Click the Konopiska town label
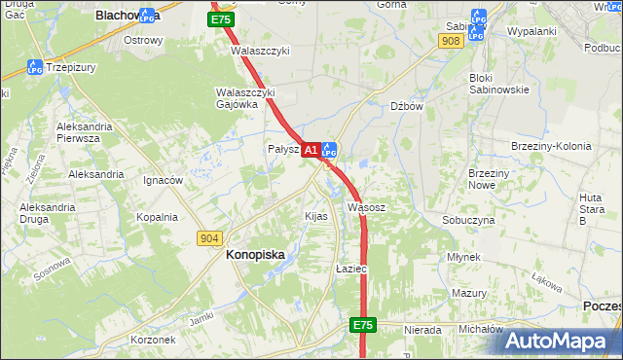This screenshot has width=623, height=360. click(x=255, y=254)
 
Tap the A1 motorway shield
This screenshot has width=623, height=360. click(x=311, y=150)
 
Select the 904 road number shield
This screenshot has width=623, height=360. click(x=208, y=238)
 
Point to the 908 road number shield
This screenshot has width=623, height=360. click(x=450, y=41)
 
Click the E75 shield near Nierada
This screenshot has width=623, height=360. click(x=363, y=325)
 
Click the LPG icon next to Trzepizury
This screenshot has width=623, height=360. click(x=34, y=67)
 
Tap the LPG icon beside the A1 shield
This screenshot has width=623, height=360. click(x=329, y=150)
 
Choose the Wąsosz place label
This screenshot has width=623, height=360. click(x=366, y=207)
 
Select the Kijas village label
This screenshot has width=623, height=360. click(x=315, y=216)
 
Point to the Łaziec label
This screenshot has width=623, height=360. click(x=349, y=268)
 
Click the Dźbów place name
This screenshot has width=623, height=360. click(x=407, y=107)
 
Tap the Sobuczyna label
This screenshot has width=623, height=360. click(x=468, y=220)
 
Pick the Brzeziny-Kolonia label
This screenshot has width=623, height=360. click(x=551, y=146)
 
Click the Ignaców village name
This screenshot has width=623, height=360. click(x=163, y=180)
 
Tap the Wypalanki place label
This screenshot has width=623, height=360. click(x=531, y=31)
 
